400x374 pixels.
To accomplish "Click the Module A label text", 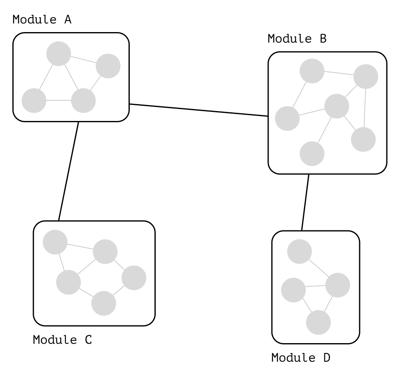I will coord(42,19).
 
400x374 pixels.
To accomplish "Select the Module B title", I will coord(297,39).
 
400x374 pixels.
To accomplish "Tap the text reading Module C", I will coord(62,340).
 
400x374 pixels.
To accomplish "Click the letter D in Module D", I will coord(326,358).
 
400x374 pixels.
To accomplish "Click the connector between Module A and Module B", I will coord(199,110).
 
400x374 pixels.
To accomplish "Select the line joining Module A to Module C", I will coord(68,171).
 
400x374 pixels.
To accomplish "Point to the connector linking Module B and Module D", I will coord(305,202).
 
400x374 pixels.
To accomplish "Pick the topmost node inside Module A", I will coord(58,53).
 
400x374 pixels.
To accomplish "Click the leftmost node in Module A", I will coord(34,100).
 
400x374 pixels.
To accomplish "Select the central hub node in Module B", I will coord(337,106).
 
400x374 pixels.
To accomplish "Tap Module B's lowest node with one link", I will coord(312,153).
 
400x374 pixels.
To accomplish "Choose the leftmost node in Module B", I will coord(287,118).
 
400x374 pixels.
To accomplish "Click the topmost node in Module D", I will coord(299,251).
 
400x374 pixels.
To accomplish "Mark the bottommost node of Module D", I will coord(318,323).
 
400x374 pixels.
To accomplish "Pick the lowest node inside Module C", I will coord(103,303).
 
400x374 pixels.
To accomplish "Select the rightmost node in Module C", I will coord(133,278).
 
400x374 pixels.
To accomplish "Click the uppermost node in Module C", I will coord(55,242).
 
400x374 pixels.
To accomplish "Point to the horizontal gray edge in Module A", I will coord(58,100).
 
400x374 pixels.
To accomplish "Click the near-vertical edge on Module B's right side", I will coord(365,108).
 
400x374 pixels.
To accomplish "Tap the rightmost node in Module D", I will coord(337,285).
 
